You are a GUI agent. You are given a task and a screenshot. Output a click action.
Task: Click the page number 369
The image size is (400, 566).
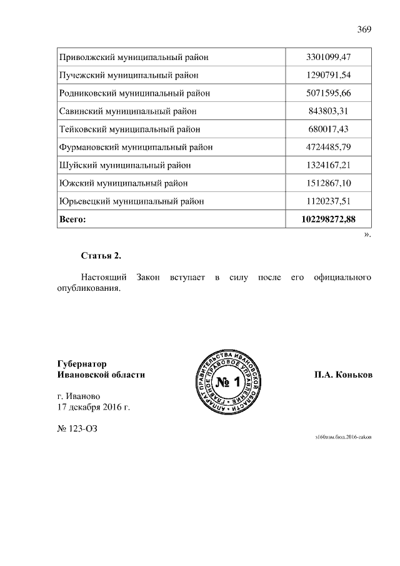coord(364,29)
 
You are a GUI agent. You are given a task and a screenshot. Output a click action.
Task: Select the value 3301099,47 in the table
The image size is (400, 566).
coord(329,58)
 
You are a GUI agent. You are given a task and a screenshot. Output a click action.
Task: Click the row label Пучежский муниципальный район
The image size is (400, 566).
coord(129,76)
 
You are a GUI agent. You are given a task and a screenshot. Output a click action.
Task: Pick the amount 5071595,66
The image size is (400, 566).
coord(329,93)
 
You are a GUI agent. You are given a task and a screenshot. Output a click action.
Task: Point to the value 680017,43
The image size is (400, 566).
coord(329,129)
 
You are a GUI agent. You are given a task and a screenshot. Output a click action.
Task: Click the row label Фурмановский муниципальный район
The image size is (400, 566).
coord(136,148)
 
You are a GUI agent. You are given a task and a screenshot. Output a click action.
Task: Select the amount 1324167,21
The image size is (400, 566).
coord(329,166)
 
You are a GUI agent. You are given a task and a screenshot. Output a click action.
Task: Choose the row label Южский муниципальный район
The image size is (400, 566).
coord(123,183)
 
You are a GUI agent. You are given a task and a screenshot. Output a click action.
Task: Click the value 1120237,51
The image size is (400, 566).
coord(329,201)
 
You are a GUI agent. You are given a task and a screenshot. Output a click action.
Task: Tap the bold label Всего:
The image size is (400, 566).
coord(72,220)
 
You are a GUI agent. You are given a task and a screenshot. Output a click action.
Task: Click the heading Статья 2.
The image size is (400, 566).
coord(101,256)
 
